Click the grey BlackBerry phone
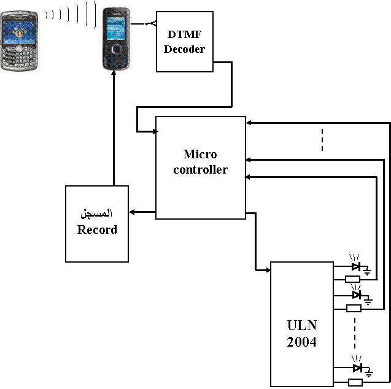tap(19, 40)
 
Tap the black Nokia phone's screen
tap(116, 28)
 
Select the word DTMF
tap(184, 34)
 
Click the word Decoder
tap(184, 49)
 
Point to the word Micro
tap(200, 154)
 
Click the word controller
tap(201, 170)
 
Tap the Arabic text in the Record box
tap(96, 214)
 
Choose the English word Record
tap(97, 229)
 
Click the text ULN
tap(302, 325)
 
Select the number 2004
tap(302, 342)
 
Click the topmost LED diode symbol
tap(356, 266)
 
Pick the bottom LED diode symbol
tap(358, 368)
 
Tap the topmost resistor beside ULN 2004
tap(352, 279)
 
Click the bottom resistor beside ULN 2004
tap(355, 382)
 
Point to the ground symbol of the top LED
tap(367, 271)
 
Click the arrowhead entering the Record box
tap(132, 212)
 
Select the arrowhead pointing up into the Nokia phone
tap(114, 73)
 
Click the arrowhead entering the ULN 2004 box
tap(268, 270)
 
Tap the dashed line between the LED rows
tap(355, 333)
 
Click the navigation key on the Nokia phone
tap(117, 50)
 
